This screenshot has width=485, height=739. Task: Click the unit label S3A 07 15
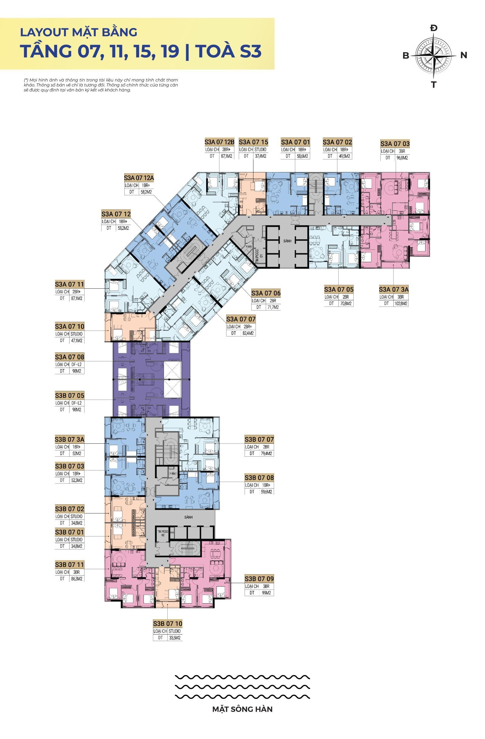[x=253, y=142]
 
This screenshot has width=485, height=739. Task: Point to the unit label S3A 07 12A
[x=139, y=178]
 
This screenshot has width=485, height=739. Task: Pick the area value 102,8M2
[x=401, y=303]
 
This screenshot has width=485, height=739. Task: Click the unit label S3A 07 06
[x=266, y=293]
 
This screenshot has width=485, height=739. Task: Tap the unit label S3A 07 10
[x=69, y=326]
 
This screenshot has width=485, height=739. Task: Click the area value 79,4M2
[x=266, y=453]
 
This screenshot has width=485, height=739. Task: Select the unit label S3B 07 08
[x=259, y=478]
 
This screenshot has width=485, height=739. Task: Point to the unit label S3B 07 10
[x=168, y=623]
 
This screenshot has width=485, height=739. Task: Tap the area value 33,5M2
[x=175, y=638]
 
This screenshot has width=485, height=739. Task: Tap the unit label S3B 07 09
[x=259, y=579]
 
